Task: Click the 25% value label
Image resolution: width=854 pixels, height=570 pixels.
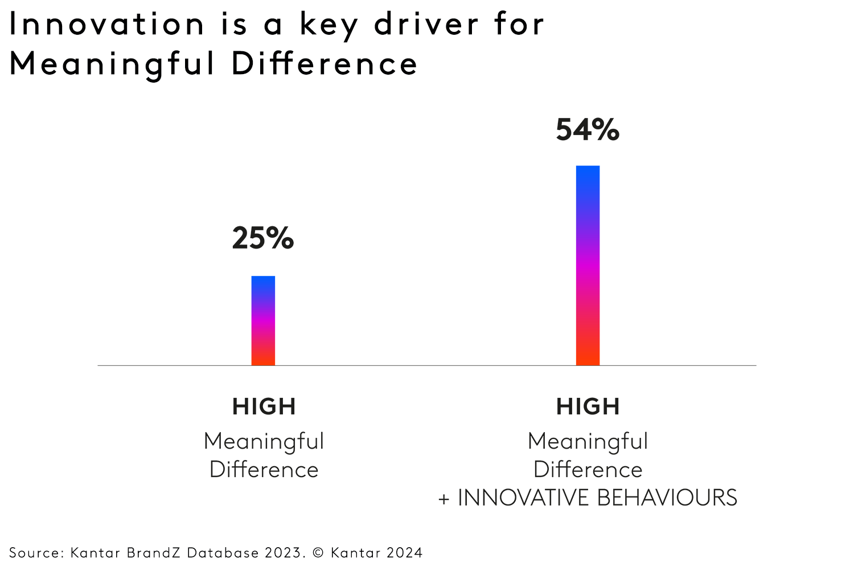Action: [x=262, y=238]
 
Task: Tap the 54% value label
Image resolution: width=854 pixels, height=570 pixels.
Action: [x=587, y=130]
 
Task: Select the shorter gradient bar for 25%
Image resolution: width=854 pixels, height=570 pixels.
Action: [x=263, y=321]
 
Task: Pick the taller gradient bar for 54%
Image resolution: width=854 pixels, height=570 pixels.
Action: [x=588, y=266]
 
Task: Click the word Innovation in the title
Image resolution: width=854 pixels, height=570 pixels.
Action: [x=107, y=25]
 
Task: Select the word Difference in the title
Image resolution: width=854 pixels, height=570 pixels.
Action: [x=325, y=63]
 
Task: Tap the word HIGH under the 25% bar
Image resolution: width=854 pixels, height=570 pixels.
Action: [x=264, y=407]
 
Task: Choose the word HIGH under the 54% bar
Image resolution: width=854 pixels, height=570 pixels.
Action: [x=588, y=407]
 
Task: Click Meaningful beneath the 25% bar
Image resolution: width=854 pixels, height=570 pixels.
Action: [x=264, y=442]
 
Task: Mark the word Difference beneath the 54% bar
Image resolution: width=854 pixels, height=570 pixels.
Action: [x=588, y=470]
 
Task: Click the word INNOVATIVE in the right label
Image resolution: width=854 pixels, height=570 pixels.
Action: [x=524, y=498]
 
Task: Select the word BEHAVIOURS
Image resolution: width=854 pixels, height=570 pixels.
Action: [x=667, y=498]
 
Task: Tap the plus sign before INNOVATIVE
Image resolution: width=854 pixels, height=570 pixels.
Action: [x=444, y=499]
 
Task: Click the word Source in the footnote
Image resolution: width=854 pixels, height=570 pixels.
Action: [x=36, y=553]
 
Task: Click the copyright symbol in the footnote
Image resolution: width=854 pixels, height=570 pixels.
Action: [x=318, y=553]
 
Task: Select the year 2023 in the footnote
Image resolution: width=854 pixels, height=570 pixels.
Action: [x=285, y=553]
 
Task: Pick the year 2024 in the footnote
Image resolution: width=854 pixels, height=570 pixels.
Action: [x=404, y=553]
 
